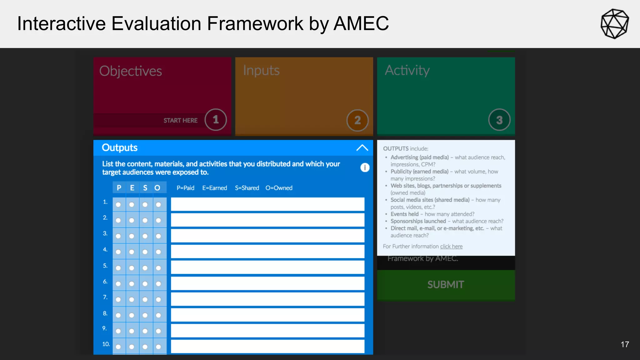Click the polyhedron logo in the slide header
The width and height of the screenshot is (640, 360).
pos(614,24)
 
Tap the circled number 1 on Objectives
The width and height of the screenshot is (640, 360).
pos(216,120)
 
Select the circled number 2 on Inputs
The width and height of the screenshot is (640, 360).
pos(357,120)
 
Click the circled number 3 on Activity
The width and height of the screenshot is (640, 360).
pos(499,120)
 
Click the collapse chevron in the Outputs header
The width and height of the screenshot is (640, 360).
pos(362,148)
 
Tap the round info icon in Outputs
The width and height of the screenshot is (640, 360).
pos(365,167)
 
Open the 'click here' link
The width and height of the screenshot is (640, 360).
pos(451,247)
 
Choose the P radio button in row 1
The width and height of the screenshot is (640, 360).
pos(118,205)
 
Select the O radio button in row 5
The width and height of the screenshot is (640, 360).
pos(158,268)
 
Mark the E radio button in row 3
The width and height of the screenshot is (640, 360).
pos(132,236)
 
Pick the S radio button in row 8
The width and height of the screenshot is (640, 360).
pos(145,315)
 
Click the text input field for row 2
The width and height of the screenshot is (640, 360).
pos(267,220)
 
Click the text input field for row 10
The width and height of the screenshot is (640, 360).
pos(267,346)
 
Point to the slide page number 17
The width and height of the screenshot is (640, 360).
pos(625,344)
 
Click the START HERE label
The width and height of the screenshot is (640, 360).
pos(180,121)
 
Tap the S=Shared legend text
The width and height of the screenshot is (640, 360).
pos(247,188)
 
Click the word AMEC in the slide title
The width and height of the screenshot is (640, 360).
pos(361,23)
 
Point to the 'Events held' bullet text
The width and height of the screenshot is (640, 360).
pos(404,214)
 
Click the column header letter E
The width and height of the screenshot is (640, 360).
pos(132,188)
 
